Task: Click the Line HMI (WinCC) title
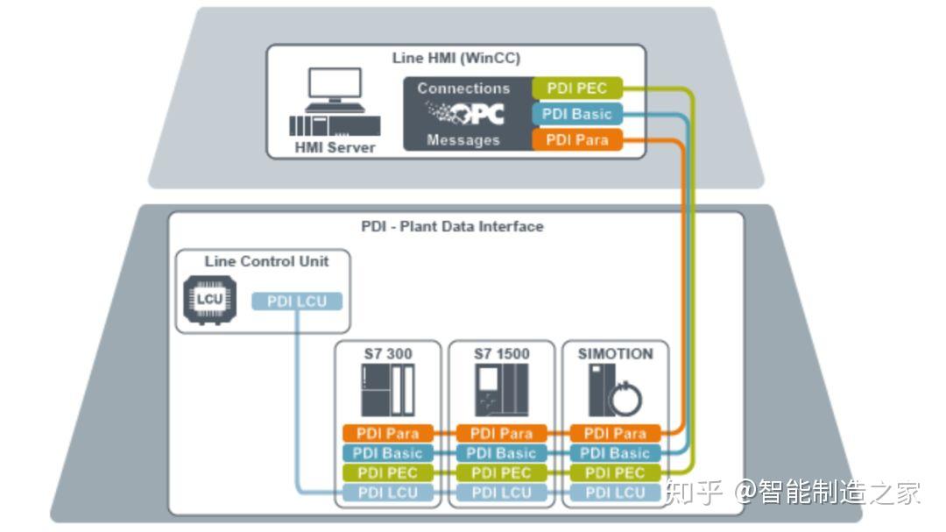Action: (x=455, y=59)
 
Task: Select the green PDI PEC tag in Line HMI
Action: (x=576, y=88)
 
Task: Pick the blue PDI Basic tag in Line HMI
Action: (x=576, y=114)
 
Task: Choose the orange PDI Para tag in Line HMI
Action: (x=576, y=140)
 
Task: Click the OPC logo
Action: (x=464, y=113)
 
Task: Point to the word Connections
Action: (x=463, y=89)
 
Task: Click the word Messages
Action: (x=463, y=140)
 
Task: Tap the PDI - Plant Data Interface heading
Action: (x=452, y=226)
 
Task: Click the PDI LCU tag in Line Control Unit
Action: (x=297, y=301)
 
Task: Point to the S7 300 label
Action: (x=388, y=354)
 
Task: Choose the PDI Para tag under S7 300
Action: (x=388, y=433)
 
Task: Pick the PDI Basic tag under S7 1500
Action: (x=502, y=453)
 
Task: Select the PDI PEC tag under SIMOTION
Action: (x=615, y=473)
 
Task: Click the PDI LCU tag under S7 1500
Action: (x=502, y=493)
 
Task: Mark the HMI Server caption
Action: (x=334, y=147)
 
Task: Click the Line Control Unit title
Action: (x=266, y=261)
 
